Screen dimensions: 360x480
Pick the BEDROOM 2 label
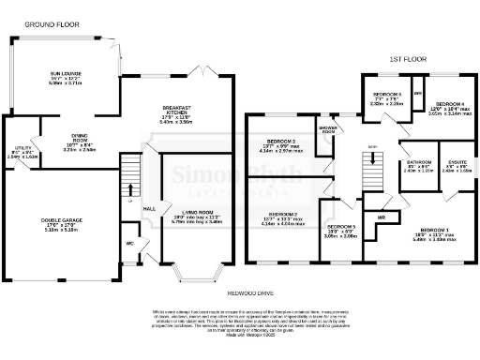pos(279,215)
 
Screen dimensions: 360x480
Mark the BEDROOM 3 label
pos(280,142)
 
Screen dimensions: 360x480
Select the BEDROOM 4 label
pos(447,103)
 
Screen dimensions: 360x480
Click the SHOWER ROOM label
pos(327,128)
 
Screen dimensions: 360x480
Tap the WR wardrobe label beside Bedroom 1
pos(381,217)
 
